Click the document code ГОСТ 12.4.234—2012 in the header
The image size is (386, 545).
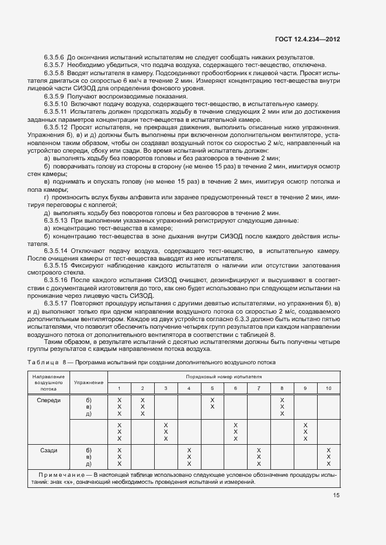(307, 39)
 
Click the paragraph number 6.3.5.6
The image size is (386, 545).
(55, 57)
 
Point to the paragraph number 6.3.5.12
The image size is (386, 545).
(57, 127)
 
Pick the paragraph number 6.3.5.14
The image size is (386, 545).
(57, 251)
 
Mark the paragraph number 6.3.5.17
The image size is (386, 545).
(57, 304)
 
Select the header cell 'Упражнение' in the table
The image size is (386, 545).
(89, 382)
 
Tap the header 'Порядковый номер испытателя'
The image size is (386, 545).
(224, 377)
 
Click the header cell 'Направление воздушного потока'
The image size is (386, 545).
(48, 382)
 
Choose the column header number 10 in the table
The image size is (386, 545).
(328, 388)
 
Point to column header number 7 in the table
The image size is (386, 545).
(259, 388)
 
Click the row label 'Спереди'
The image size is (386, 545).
(48, 400)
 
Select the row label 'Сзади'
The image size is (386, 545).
(48, 451)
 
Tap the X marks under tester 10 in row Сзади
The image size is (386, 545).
(328, 457)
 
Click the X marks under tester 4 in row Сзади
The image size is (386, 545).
(189, 457)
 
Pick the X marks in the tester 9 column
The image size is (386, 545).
(305, 432)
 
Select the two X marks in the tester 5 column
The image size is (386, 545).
(212, 403)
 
